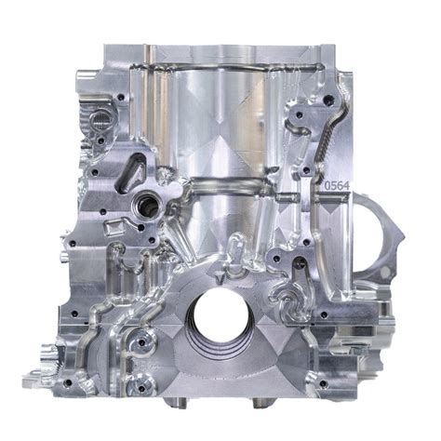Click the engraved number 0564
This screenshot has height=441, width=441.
coord(336,185)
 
